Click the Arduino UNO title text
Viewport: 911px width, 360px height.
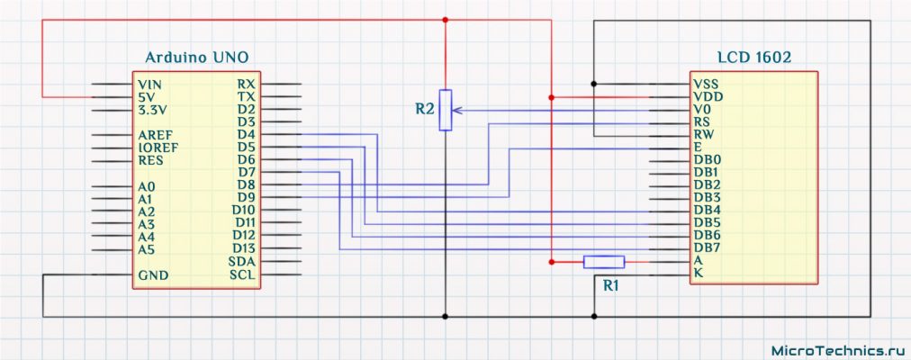point(197,57)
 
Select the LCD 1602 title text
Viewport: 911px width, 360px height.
point(754,57)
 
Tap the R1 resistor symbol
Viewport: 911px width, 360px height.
point(603,262)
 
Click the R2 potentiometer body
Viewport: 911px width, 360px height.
point(445,110)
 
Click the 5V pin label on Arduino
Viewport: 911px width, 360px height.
point(146,96)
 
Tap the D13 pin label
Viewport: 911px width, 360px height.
point(244,248)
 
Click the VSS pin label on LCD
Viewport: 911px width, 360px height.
point(706,83)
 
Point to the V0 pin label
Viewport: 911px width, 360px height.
point(702,108)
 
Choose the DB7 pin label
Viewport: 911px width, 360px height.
point(707,247)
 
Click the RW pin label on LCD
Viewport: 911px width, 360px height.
point(703,134)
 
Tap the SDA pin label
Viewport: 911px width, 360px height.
point(243,261)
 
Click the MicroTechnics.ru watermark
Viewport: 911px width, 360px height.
point(836,348)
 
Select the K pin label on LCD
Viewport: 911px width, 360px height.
point(698,274)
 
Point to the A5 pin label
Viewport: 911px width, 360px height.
point(146,248)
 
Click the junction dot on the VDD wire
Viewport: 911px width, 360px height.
point(549,96)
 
